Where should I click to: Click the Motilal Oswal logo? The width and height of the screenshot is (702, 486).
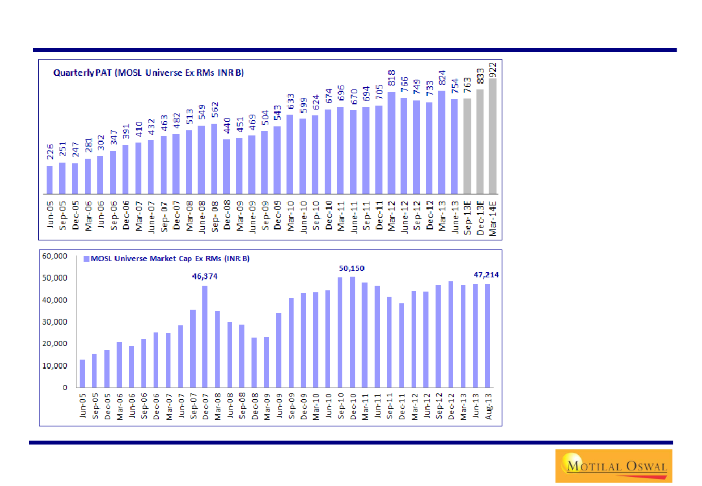613,465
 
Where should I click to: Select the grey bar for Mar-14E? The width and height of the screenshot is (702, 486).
493,136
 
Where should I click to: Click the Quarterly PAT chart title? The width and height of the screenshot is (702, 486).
148,73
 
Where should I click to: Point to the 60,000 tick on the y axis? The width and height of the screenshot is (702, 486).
54,256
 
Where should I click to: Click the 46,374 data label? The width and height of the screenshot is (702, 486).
205,277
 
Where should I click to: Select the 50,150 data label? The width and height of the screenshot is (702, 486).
352,268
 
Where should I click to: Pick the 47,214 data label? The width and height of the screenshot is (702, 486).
486,275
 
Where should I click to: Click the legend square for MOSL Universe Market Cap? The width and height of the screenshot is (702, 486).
86,259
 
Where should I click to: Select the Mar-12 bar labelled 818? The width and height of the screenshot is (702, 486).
392,143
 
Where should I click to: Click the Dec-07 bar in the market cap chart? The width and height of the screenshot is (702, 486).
205,336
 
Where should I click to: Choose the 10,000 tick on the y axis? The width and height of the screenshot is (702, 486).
54,365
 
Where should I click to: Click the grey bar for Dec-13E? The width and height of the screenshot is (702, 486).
480,141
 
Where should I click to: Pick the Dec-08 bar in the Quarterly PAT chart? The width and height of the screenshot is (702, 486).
226,166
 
